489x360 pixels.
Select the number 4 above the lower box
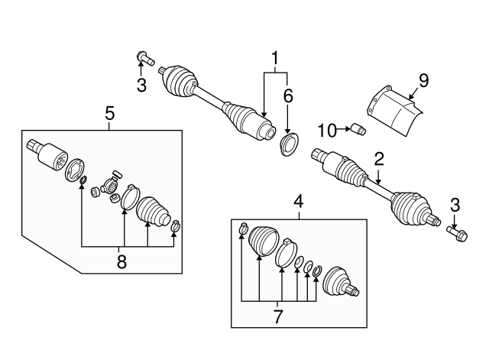299,202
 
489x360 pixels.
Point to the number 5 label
110,114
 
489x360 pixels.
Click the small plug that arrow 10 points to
358,129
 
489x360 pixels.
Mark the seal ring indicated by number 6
289,144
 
